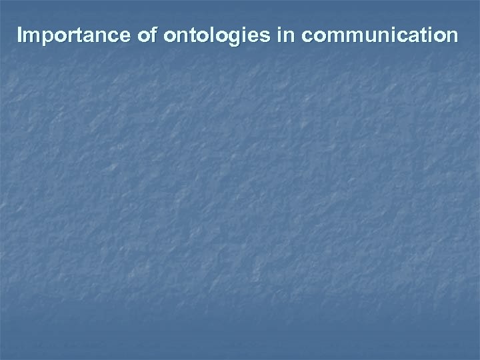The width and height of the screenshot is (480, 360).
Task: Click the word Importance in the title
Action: click(75, 35)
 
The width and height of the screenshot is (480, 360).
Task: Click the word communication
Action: click(379, 35)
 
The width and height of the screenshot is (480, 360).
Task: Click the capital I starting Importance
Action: click(21, 35)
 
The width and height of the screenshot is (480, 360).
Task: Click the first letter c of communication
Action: click(307, 36)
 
